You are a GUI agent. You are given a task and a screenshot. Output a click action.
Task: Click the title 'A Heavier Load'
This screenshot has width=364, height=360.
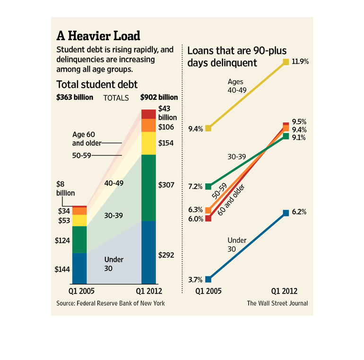98,36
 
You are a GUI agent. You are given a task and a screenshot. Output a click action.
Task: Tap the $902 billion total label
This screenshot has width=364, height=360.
159,97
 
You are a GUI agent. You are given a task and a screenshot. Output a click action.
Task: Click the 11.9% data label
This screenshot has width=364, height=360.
301,62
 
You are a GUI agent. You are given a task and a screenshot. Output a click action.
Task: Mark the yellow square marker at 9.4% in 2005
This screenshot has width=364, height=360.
208,128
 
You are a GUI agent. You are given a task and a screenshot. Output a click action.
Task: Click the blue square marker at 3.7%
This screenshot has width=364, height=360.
208,279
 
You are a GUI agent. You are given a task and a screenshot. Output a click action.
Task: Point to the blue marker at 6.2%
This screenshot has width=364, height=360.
286,213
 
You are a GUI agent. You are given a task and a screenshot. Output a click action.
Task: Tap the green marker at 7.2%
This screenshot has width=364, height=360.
208,186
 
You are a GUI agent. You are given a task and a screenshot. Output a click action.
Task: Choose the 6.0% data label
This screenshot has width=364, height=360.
196,219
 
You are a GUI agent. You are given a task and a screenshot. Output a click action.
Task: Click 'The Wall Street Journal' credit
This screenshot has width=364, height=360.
277,303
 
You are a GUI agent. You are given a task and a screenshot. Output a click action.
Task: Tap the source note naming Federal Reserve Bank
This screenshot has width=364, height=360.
111,303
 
